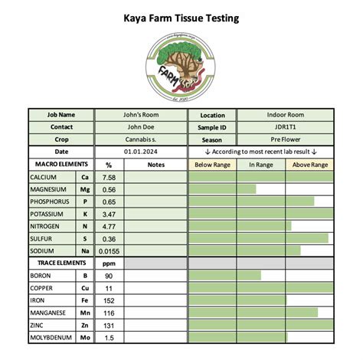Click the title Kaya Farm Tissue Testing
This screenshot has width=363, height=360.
click(x=181, y=17)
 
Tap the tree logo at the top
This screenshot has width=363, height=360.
click(x=181, y=66)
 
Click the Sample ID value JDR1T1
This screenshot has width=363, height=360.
click(x=284, y=127)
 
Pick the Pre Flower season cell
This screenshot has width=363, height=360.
click(x=284, y=139)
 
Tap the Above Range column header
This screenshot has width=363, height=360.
click(x=310, y=165)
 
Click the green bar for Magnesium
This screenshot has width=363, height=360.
click(x=222, y=189)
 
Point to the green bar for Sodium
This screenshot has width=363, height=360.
click(x=244, y=250)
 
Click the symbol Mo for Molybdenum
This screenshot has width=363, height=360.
click(x=85, y=337)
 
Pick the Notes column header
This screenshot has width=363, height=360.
click(x=155, y=165)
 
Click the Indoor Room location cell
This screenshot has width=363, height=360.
click(x=284, y=115)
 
